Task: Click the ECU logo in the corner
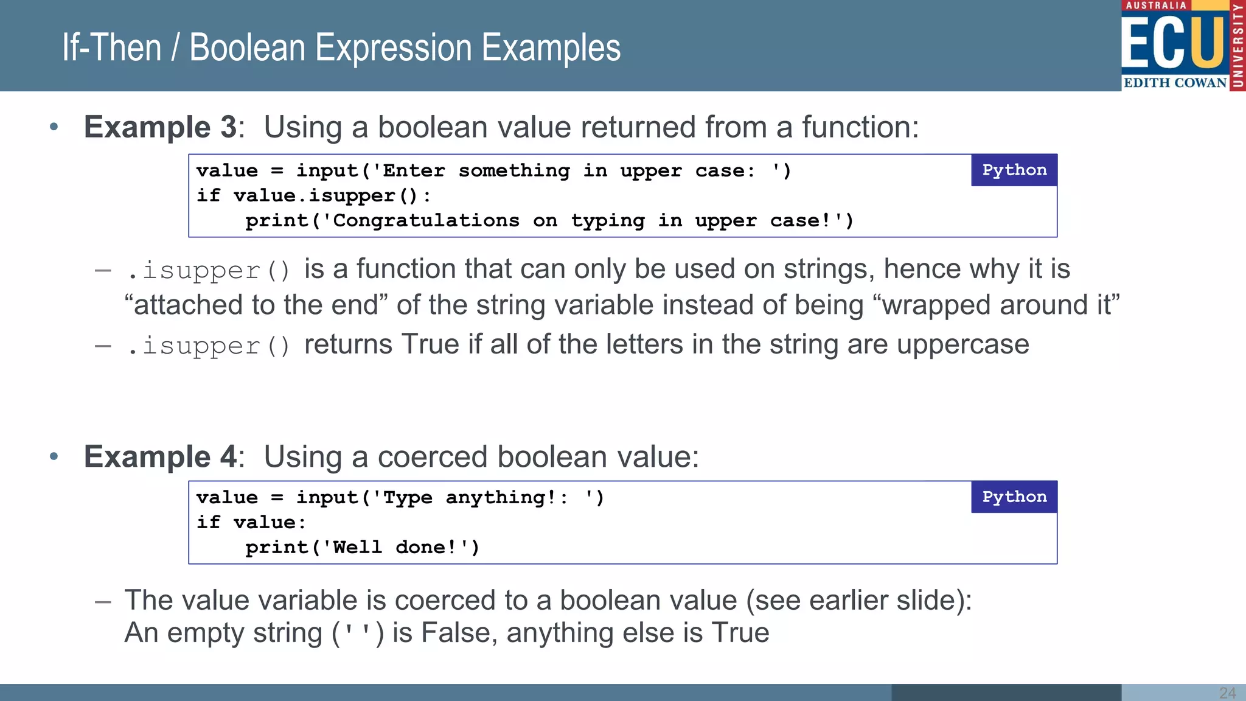click(x=1182, y=46)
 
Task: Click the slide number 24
click(x=1227, y=693)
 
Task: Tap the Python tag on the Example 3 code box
click(x=1014, y=170)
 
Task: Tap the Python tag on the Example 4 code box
click(x=1014, y=497)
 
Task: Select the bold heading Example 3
click(x=160, y=127)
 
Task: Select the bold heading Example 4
click(x=160, y=457)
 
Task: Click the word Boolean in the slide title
click(x=248, y=48)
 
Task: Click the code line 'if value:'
click(x=251, y=523)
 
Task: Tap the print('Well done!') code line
click(x=362, y=548)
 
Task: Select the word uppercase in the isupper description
click(x=962, y=344)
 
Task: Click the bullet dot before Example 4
click(x=54, y=456)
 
